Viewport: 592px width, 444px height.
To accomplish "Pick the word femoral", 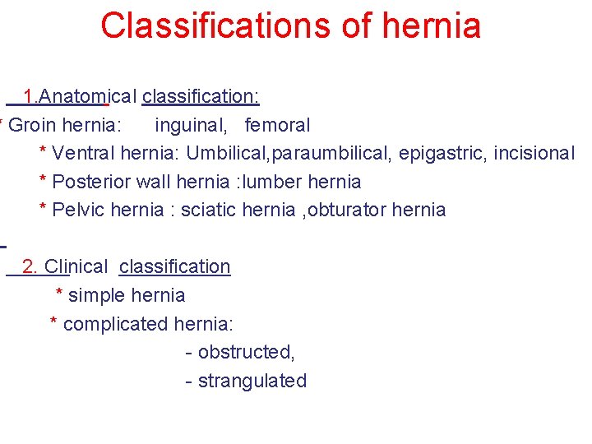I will click(277, 126).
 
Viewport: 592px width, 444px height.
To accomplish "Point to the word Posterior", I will click(90, 182).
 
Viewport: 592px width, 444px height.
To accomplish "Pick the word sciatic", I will click(209, 210).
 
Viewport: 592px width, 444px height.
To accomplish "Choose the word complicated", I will click(116, 324).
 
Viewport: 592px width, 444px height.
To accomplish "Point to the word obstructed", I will click(246, 352).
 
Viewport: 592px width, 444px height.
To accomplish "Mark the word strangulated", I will click(252, 381).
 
